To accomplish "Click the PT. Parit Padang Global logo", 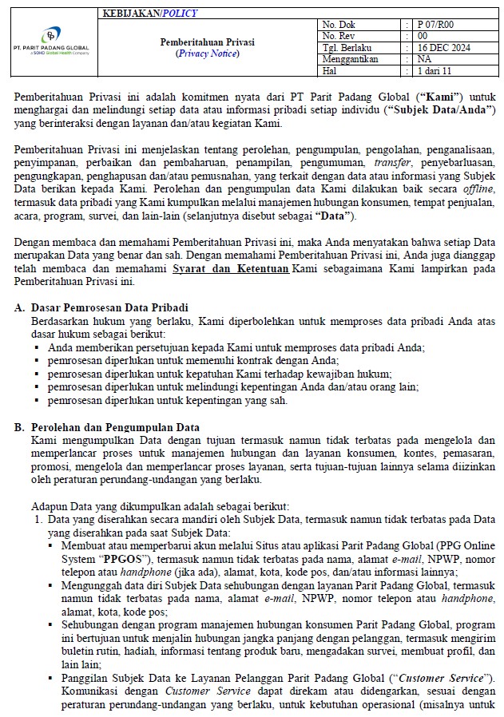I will (50, 42).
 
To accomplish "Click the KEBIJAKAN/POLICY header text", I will (150, 14).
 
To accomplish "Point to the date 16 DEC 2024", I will (444, 47).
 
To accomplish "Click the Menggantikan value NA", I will (425, 58).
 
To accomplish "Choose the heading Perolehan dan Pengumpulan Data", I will (115, 428).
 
